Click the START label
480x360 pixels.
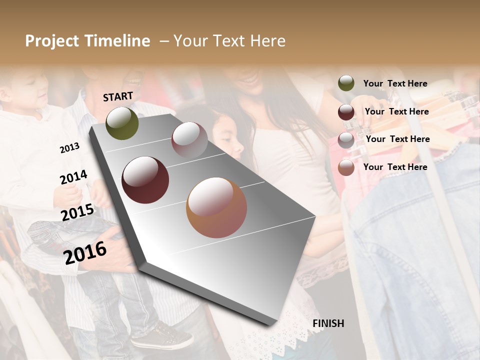118,96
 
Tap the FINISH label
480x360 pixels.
328,323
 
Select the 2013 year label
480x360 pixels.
69,148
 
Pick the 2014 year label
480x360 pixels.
73,177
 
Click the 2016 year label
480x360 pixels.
85,252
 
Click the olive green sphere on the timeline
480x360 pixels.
122,123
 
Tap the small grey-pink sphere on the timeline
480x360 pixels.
189,139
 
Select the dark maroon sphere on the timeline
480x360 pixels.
145,180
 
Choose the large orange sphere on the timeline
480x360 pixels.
216,207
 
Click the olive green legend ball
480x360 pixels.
346,83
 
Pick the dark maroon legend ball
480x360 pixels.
346,111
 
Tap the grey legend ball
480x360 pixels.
346,139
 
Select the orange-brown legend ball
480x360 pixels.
346,167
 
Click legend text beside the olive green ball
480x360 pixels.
395,83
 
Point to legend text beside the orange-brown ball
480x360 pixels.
395,167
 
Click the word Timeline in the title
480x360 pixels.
117,41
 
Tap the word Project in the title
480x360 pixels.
51,41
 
